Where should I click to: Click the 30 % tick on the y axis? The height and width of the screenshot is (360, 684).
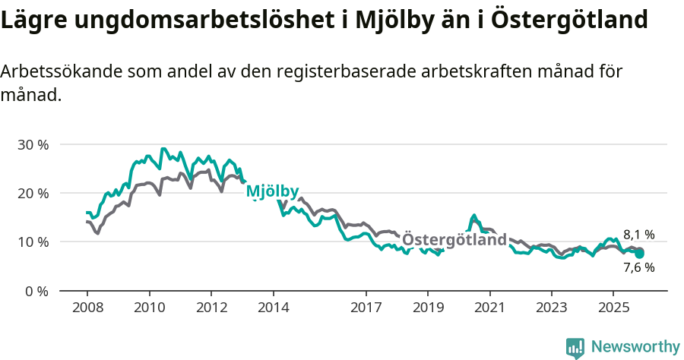(32, 144)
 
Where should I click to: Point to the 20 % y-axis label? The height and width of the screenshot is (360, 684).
(32, 193)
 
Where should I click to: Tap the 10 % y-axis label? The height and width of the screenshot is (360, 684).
(32, 242)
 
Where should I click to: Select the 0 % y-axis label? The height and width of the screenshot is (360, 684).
(36, 291)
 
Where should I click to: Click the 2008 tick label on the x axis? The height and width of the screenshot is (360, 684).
(87, 308)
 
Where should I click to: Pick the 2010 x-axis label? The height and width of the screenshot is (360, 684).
(149, 308)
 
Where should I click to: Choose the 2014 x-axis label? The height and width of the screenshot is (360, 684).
(273, 308)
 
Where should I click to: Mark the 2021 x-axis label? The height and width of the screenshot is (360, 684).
(489, 308)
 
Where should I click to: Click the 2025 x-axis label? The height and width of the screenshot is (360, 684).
(613, 308)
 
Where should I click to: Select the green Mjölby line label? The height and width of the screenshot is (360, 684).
(272, 192)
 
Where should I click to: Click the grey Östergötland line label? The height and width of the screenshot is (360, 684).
(454, 240)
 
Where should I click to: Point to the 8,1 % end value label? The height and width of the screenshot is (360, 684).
(638, 235)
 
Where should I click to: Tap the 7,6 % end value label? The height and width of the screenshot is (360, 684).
(638, 267)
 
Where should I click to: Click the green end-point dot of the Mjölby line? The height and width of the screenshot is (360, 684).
(639, 254)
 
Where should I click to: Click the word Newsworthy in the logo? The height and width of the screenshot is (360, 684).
(635, 347)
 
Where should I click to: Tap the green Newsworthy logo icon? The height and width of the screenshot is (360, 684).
(575, 348)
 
